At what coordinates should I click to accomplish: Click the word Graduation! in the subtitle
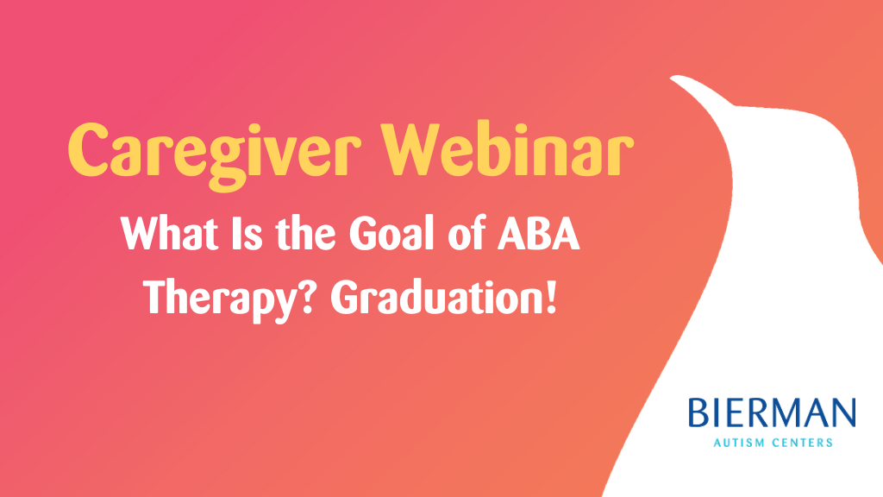point(441,297)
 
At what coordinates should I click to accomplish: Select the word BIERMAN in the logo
point(773,414)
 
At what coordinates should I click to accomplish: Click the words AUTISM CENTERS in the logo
point(773,444)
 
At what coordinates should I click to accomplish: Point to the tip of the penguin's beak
point(673,79)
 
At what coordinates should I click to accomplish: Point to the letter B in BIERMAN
point(697,414)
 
